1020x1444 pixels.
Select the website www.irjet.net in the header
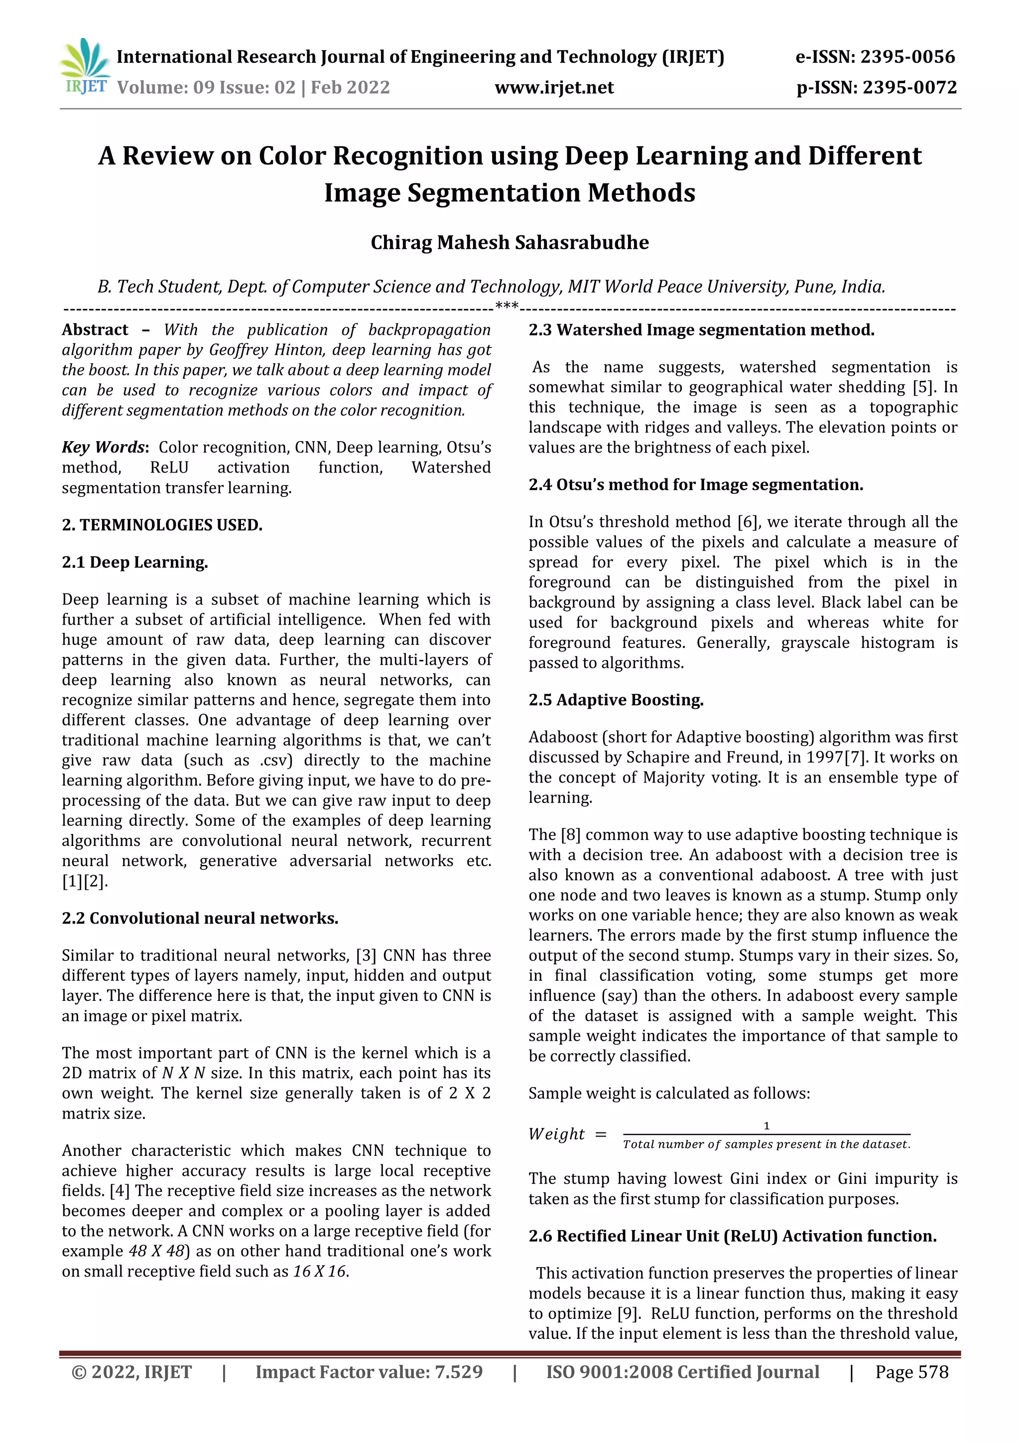click(554, 87)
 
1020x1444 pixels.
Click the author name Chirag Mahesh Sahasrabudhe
click(509, 242)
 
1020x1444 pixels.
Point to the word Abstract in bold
click(95, 329)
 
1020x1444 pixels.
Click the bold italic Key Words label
click(104, 447)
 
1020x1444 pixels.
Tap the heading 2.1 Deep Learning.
click(134, 562)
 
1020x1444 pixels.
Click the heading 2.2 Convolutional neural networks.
click(200, 918)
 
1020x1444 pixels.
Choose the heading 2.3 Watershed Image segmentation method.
click(701, 329)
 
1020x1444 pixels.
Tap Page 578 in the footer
click(911, 1372)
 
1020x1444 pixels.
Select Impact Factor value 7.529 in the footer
click(369, 1372)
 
